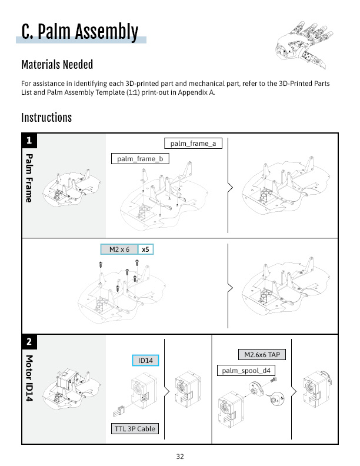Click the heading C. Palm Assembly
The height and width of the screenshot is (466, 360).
79,31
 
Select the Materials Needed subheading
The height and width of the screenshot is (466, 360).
57,65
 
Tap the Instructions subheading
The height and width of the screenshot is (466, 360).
46,118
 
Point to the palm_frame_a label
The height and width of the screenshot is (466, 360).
193,143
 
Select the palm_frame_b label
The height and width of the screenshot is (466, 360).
140,158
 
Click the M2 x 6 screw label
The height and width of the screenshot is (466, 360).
119,249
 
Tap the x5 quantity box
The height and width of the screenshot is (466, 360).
145,249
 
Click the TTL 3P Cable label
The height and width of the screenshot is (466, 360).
134,428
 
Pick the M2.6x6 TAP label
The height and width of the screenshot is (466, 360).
261,355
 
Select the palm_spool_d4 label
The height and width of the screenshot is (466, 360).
246,371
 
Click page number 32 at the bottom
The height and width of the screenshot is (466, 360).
180,456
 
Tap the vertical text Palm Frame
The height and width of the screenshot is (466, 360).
28,178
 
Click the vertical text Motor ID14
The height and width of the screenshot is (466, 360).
28,378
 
